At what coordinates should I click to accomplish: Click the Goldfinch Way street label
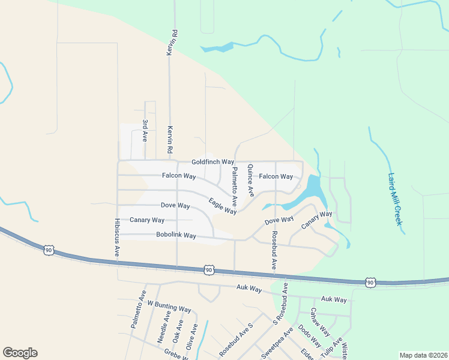[x=212, y=162]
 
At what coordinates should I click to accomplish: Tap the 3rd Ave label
[x=145, y=130]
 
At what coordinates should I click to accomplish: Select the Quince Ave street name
[x=250, y=180]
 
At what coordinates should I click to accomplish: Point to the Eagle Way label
[x=222, y=206]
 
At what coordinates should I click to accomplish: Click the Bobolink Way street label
[x=176, y=235]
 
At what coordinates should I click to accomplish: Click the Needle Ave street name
[x=164, y=327]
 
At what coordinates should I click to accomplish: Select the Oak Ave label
[x=178, y=330]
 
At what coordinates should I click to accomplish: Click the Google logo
[x=20, y=353]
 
